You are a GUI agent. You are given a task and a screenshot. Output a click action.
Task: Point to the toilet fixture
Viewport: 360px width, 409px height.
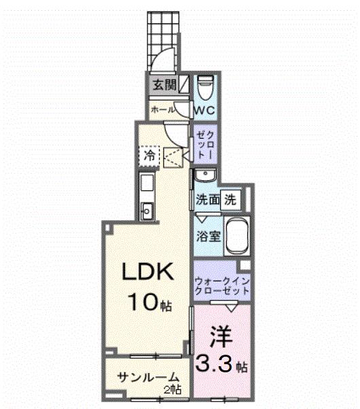[206, 88]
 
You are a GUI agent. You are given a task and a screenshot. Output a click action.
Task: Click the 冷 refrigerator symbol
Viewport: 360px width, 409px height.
[149, 156]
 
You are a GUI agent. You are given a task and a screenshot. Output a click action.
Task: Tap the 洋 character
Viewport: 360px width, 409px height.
[219, 337]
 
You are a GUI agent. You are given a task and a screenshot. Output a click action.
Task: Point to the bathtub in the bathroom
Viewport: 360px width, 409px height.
[237, 236]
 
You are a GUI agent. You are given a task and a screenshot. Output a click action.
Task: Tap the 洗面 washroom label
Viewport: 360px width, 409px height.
[207, 200]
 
